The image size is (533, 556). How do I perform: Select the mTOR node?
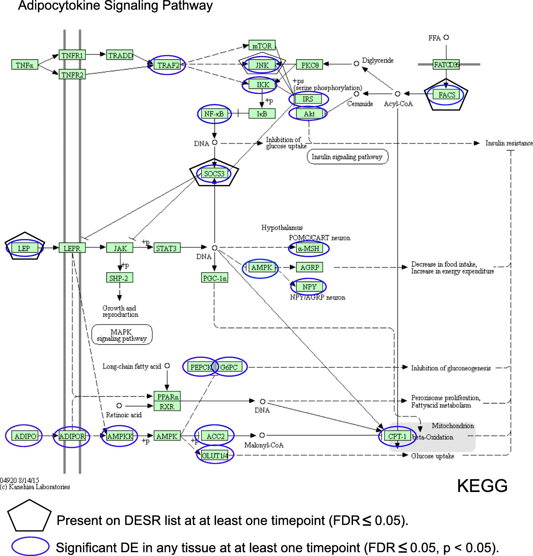click(262, 45)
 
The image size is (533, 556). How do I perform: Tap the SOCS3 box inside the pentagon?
click(214, 174)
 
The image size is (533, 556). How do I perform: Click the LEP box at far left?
click(24, 248)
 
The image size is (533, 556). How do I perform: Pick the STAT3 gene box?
click(167, 248)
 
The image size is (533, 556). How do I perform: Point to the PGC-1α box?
click(214, 278)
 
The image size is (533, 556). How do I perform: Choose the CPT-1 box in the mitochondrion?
click(397, 436)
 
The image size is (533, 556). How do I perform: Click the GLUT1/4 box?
click(215, 456)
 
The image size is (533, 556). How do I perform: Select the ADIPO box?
click(25, 436)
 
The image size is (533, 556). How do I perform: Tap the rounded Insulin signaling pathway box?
click(347, 157)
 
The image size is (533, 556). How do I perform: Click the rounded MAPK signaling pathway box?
click(122, 335)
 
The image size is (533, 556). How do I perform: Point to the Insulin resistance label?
click(509, 143)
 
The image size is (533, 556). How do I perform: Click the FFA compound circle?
click(446, 37)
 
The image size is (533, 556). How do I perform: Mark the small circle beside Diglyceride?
click(356, 63)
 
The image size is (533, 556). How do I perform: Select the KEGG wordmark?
click(482, 486)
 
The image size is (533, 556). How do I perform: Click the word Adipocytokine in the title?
click(59, 6)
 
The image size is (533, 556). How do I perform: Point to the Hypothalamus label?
click(282, 228)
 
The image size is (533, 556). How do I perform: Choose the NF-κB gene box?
click(214, 114)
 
